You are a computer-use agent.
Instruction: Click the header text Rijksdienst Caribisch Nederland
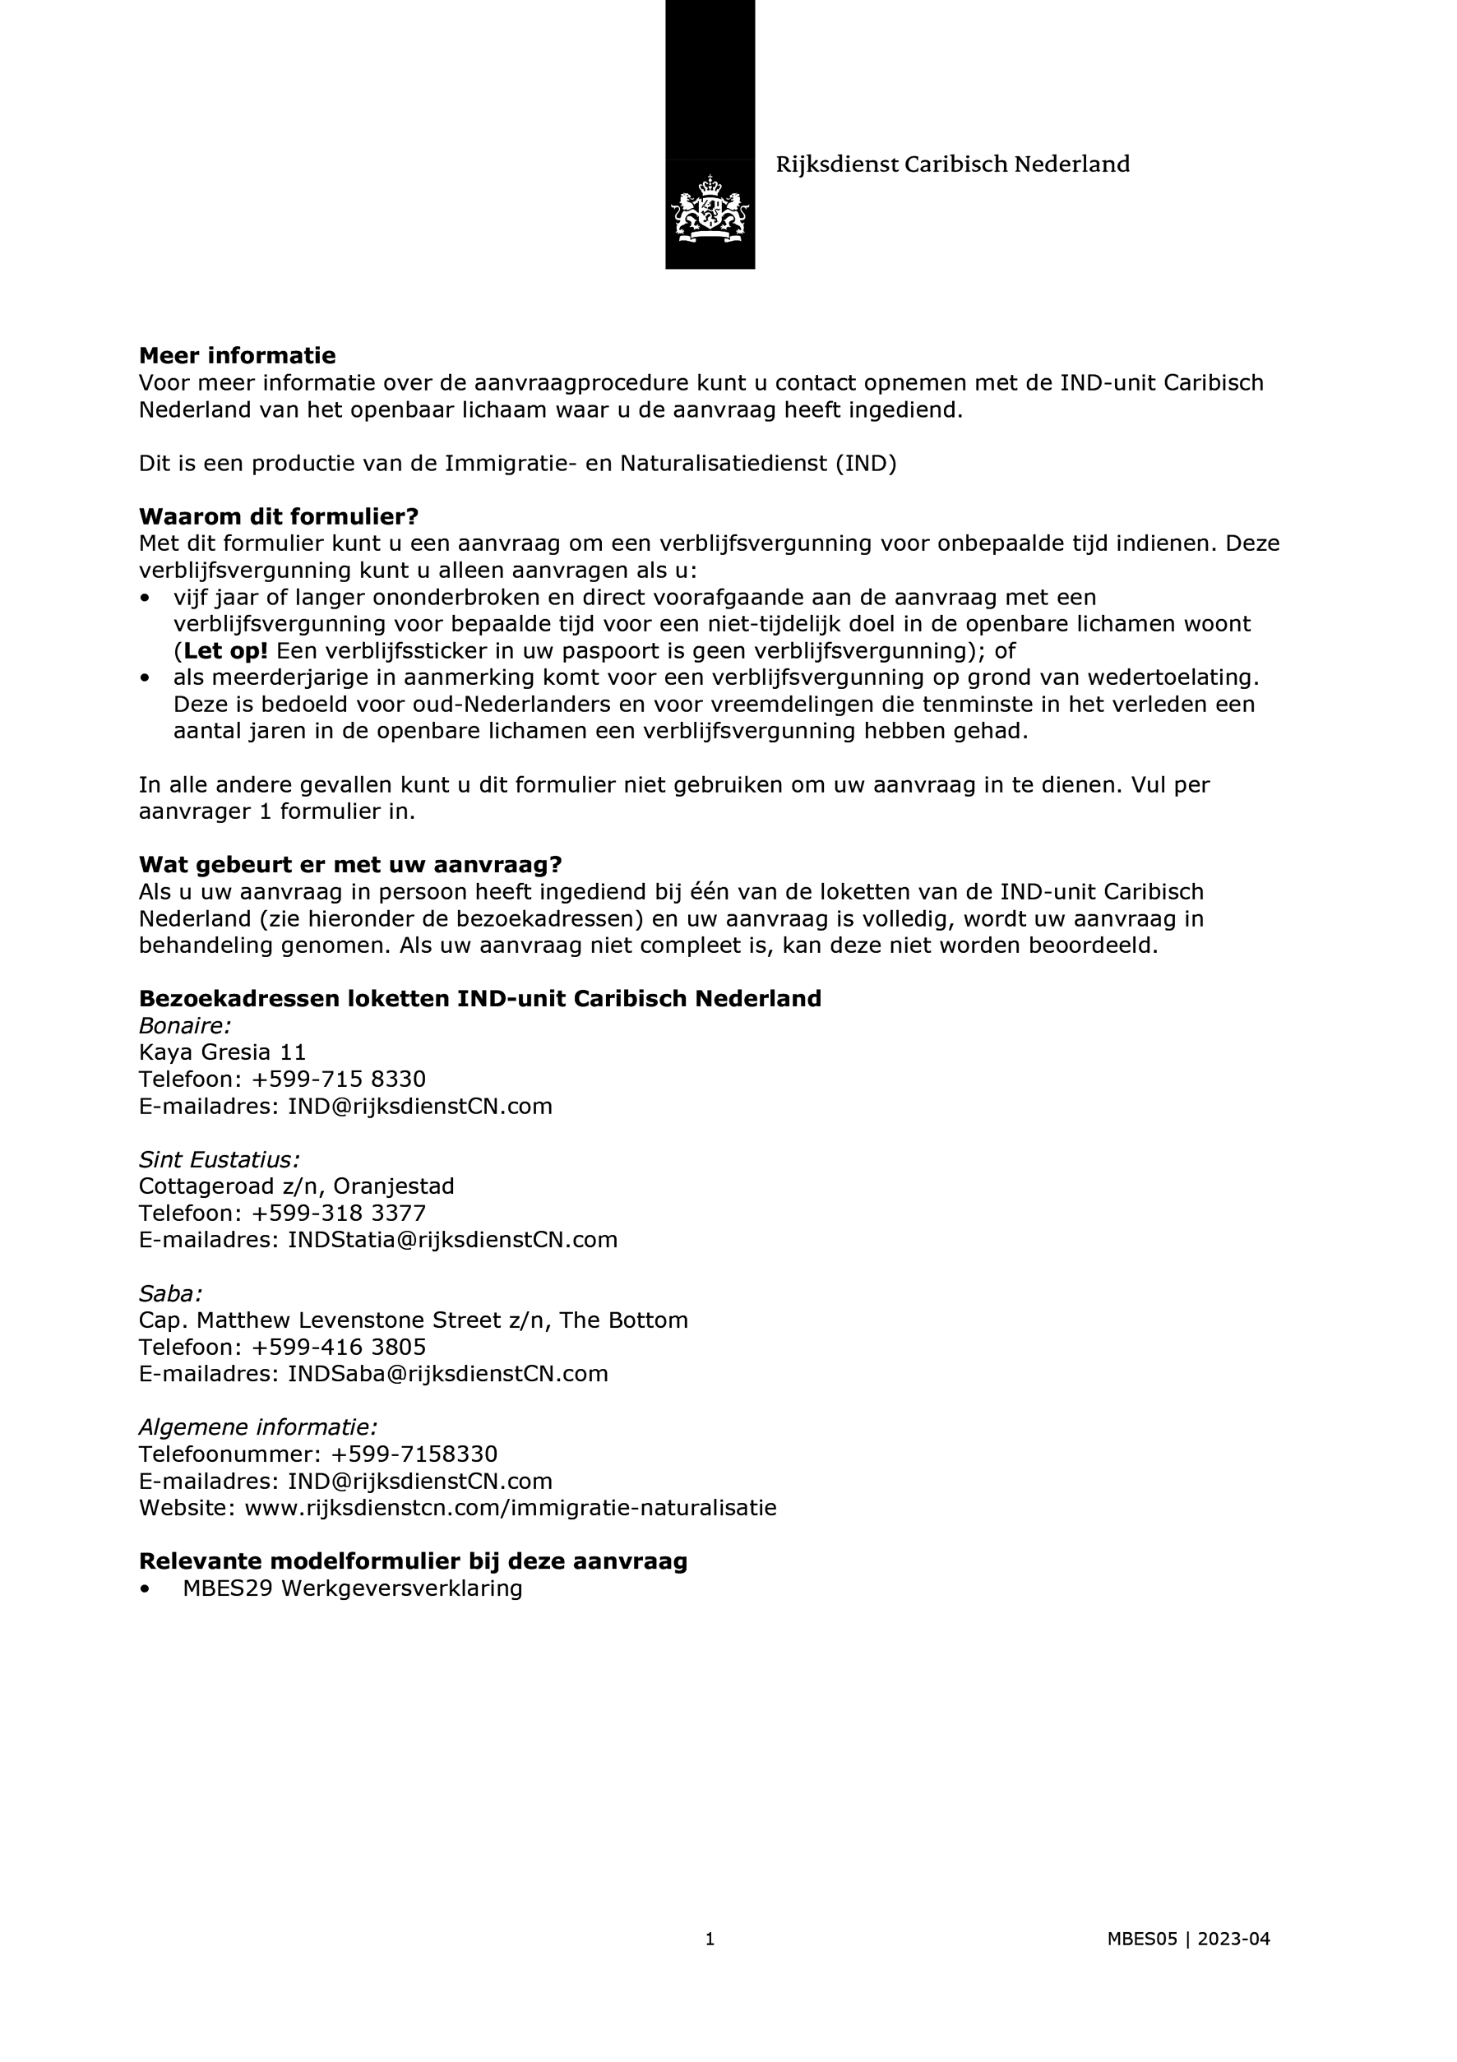[x=952, y=164]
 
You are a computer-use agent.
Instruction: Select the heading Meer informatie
[x=237, y=356]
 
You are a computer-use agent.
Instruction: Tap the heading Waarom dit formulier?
[x=279, y=516]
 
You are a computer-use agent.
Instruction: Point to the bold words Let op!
[x=225, y=650]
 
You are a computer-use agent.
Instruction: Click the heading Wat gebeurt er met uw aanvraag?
[x=349, y=865]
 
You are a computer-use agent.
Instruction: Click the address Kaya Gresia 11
[x=222, y=1052]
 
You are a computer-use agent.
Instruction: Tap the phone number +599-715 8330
[x=339, y=1079]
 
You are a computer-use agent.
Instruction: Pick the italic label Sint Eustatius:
[x=220, y=1159]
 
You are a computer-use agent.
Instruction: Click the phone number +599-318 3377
[x=339, y=1214]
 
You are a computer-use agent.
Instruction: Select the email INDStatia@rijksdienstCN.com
[x=452, y=1241]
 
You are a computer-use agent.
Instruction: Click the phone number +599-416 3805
[x=339, y=1348]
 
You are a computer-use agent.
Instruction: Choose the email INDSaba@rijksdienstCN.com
[x=447, y=1374]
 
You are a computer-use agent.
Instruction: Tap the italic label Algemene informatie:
[x=258, y=1428]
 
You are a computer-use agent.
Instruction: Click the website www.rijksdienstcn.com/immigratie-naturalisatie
[x=511, y=1508]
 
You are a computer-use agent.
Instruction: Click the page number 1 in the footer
[x=710, y=1964]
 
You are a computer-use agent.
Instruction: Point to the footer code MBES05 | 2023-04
[x=1187, y=1964]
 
